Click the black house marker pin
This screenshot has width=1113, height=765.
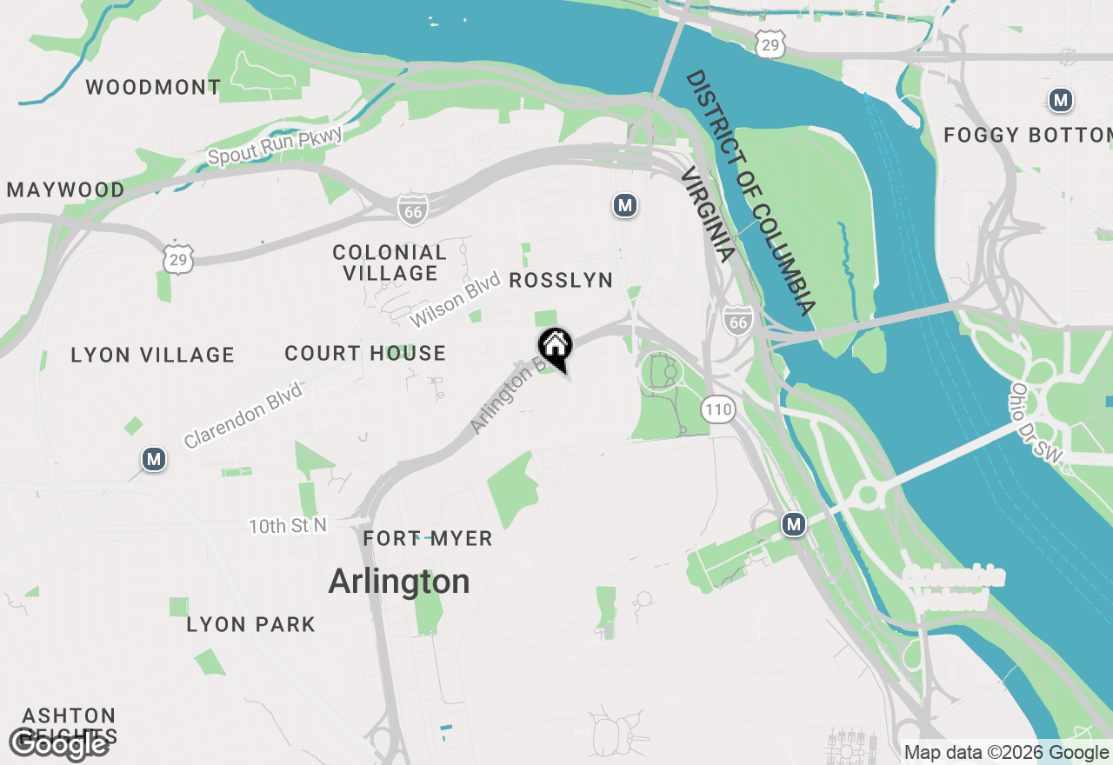pyautogui.click(x=555, y=348)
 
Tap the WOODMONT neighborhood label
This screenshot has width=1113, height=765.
pyautogui.click(x=153, y=87)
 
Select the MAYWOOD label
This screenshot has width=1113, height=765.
pyautogui.click(x=66, y=190)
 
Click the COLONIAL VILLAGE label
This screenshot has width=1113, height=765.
pyautogui.click(x=390, y=263)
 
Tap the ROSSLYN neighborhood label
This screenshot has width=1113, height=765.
pyautogui.click(x=561, y=280)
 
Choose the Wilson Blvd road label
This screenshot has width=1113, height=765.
pyautogui.click(x=456, y=300)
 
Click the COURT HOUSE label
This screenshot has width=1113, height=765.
pyautogui.click(x=365, y=354)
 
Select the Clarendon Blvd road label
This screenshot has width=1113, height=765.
pyautogui.click(x=243, y=416)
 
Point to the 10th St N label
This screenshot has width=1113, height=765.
pyautogui.click(x=288, y=526)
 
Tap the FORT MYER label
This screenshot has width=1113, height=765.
pyautogui.click(x=428, y=539)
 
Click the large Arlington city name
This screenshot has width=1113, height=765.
pyautogui.click(x=399, y=582)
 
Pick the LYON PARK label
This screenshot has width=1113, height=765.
pyautogui.click(x=251, y=624)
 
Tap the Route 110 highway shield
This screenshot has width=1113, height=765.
pyautogui.click(x=718, y=409)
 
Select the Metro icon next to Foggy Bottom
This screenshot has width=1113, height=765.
pyautogui.click(x=1060, y=100)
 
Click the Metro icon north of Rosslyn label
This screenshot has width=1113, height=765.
pyautogui.click(x=624, y=206)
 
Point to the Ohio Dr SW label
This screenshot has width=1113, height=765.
pyautogui.click(x=1038, y=428)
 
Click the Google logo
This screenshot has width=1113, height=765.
pyautogui.click(x=58, y=744)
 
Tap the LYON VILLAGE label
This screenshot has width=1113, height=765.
pyautogui.click(x=153, y=355)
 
